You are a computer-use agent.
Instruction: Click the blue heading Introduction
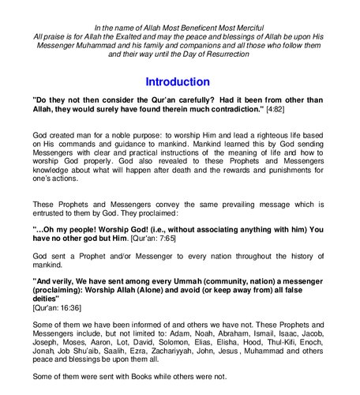pos(178,81)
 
